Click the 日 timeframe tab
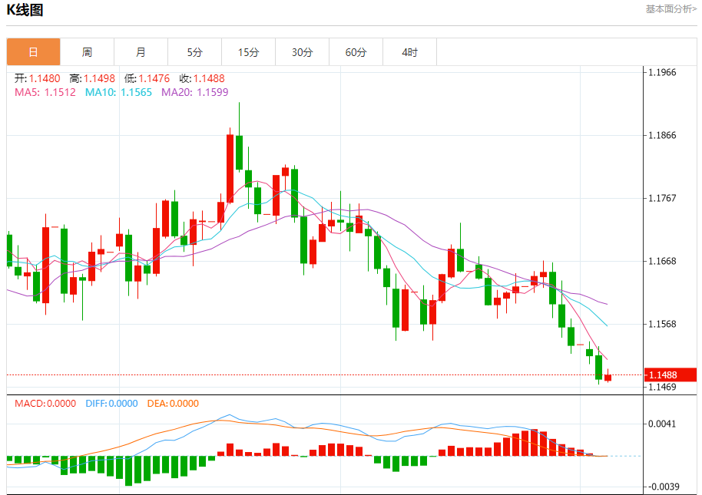point(34,52)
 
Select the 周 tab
point(87,52)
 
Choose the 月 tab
point(141,52)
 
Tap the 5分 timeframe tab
point(194,52)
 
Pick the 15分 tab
point(248,52)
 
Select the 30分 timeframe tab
point(302,52)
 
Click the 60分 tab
point(356,52)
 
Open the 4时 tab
point(409,52)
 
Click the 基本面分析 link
point(671,9)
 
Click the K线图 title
point(25,10)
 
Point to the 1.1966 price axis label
point(662,73)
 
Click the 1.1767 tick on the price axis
point(662,199)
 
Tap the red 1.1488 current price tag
point(662,375)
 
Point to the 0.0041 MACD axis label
point(662,424)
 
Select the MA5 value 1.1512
point(60,92)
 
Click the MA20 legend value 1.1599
point(213,92)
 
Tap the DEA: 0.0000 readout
point(173,403)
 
